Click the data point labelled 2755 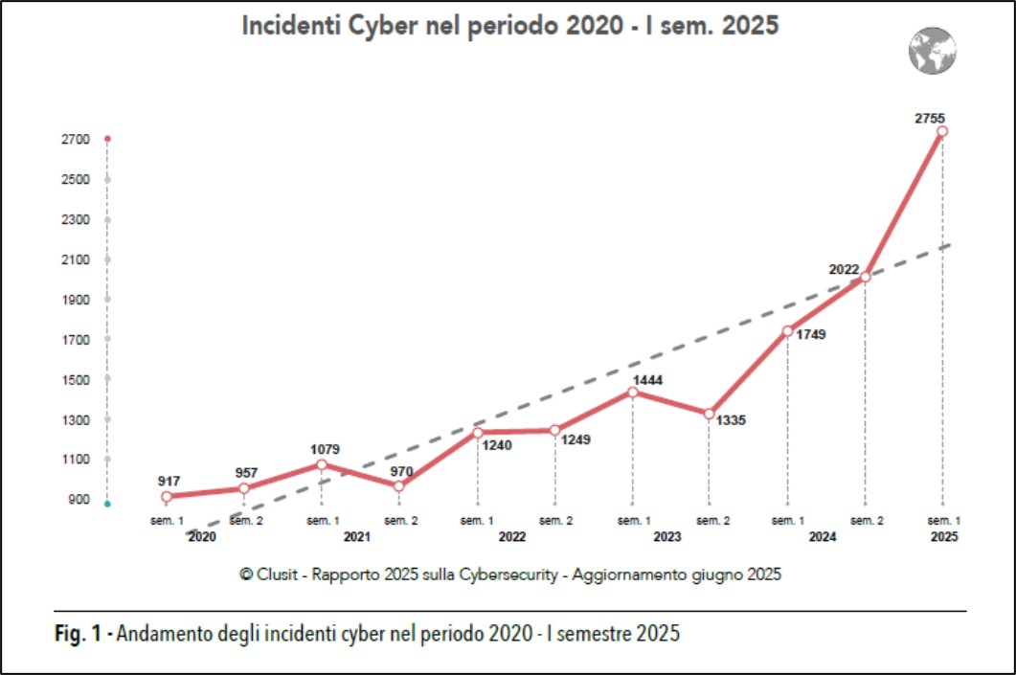942,131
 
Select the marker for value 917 167,497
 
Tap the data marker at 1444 633,392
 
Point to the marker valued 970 399,485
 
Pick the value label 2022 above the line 845,270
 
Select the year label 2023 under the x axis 666,538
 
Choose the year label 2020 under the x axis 202,538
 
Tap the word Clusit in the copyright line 278,574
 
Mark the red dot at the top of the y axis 108,140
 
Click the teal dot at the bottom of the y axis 108,504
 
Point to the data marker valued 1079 322,464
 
